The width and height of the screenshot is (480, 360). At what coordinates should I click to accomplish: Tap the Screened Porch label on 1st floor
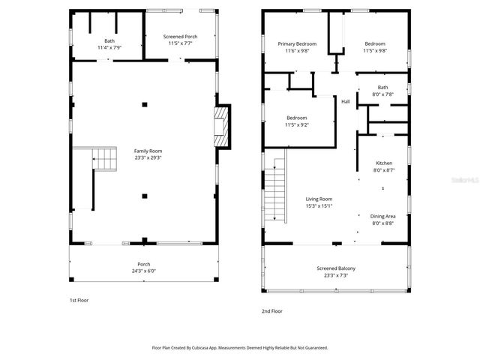181,36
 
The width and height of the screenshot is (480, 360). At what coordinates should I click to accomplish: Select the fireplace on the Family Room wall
221,125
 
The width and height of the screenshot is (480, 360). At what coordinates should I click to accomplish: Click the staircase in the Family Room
105,159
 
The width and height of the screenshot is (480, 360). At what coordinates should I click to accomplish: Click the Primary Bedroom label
298,44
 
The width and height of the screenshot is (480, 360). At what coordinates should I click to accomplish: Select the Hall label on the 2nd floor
346,102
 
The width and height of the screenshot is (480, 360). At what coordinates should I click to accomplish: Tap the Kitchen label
384,163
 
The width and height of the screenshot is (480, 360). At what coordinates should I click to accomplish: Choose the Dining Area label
384,216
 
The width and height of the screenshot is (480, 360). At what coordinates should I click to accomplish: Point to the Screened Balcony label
336,268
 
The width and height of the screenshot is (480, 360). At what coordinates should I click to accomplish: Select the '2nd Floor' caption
271,310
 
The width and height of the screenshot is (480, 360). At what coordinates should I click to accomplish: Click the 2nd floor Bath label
383,87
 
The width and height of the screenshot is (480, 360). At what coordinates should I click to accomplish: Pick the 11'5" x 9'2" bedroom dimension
297,124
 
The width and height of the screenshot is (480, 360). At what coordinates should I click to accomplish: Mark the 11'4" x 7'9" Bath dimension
109,47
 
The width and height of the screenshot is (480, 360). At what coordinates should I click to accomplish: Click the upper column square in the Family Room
145,103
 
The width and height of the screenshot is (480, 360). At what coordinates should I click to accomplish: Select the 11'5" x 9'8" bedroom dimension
375,51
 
